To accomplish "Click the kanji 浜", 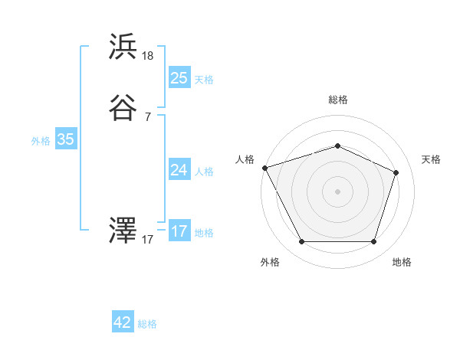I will point(123,47).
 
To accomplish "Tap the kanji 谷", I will point(123,108).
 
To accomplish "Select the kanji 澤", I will point(123,230).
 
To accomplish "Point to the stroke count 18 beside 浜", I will point(148,56).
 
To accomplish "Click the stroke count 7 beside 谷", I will point(148,116).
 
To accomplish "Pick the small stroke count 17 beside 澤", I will point(148,239).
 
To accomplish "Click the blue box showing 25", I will point(179,78).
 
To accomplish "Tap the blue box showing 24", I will point(179,170).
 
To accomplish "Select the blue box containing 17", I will point(179,231).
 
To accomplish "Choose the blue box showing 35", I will point(66,139).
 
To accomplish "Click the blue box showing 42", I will point(123,322).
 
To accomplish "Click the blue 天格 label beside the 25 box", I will point(204,79).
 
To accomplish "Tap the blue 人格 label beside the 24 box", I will point(204,171).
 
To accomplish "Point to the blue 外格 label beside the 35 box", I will point(41,140).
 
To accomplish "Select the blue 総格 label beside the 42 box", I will point(147,324).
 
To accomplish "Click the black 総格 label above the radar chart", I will point(337,100).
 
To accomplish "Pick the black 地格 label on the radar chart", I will point(402,262).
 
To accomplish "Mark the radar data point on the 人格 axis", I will point(264,168).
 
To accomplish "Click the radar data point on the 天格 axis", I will point(396,172).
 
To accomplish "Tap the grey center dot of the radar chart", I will point(337,191).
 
